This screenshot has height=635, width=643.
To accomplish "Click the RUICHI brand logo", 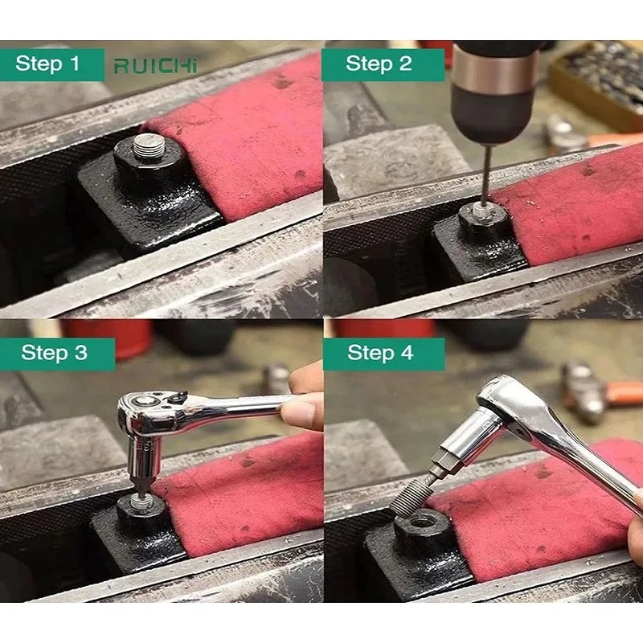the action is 155,66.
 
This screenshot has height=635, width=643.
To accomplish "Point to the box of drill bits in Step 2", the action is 600,82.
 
